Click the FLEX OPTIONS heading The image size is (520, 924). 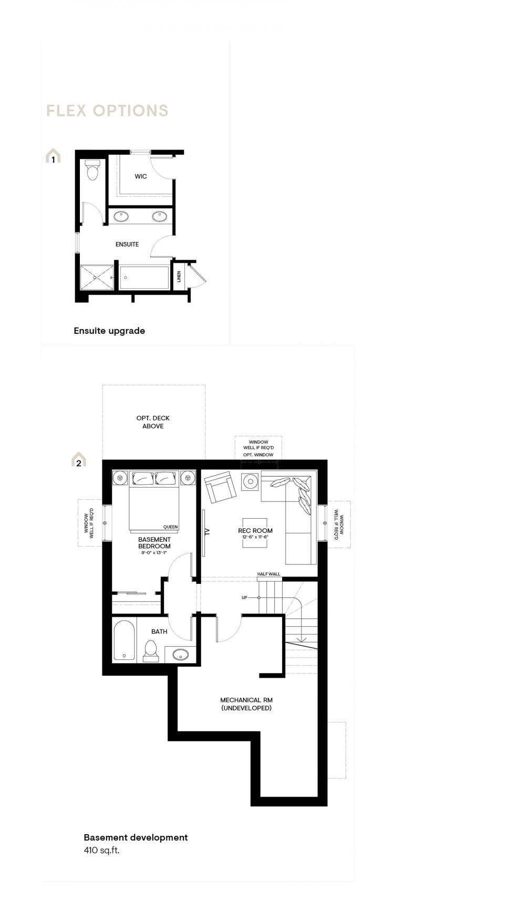tap(107, 111)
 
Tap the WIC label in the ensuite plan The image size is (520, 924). tap(141, 176)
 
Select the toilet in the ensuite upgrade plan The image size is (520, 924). tap(93, 170)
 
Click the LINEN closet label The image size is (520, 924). tap(179, 276)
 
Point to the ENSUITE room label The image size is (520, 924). tap(127, 244)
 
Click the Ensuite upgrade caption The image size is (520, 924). tap(109, 331)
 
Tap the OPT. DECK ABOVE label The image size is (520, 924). tap(153, 422)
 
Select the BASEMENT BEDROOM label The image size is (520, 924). tap(154, 543)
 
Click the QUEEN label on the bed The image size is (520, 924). tap(171, 527)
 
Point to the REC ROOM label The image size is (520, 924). tap(255, 531)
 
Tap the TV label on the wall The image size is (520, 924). tap(207, 531)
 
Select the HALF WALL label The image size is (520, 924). tap(269, 574)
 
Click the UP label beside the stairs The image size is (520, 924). tap(244, 597)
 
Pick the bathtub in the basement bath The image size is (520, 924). tap(124, 640)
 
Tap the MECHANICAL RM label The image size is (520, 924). tap(246, 700)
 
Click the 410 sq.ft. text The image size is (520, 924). tap(101, 850)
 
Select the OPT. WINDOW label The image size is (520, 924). tap(258, 455)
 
